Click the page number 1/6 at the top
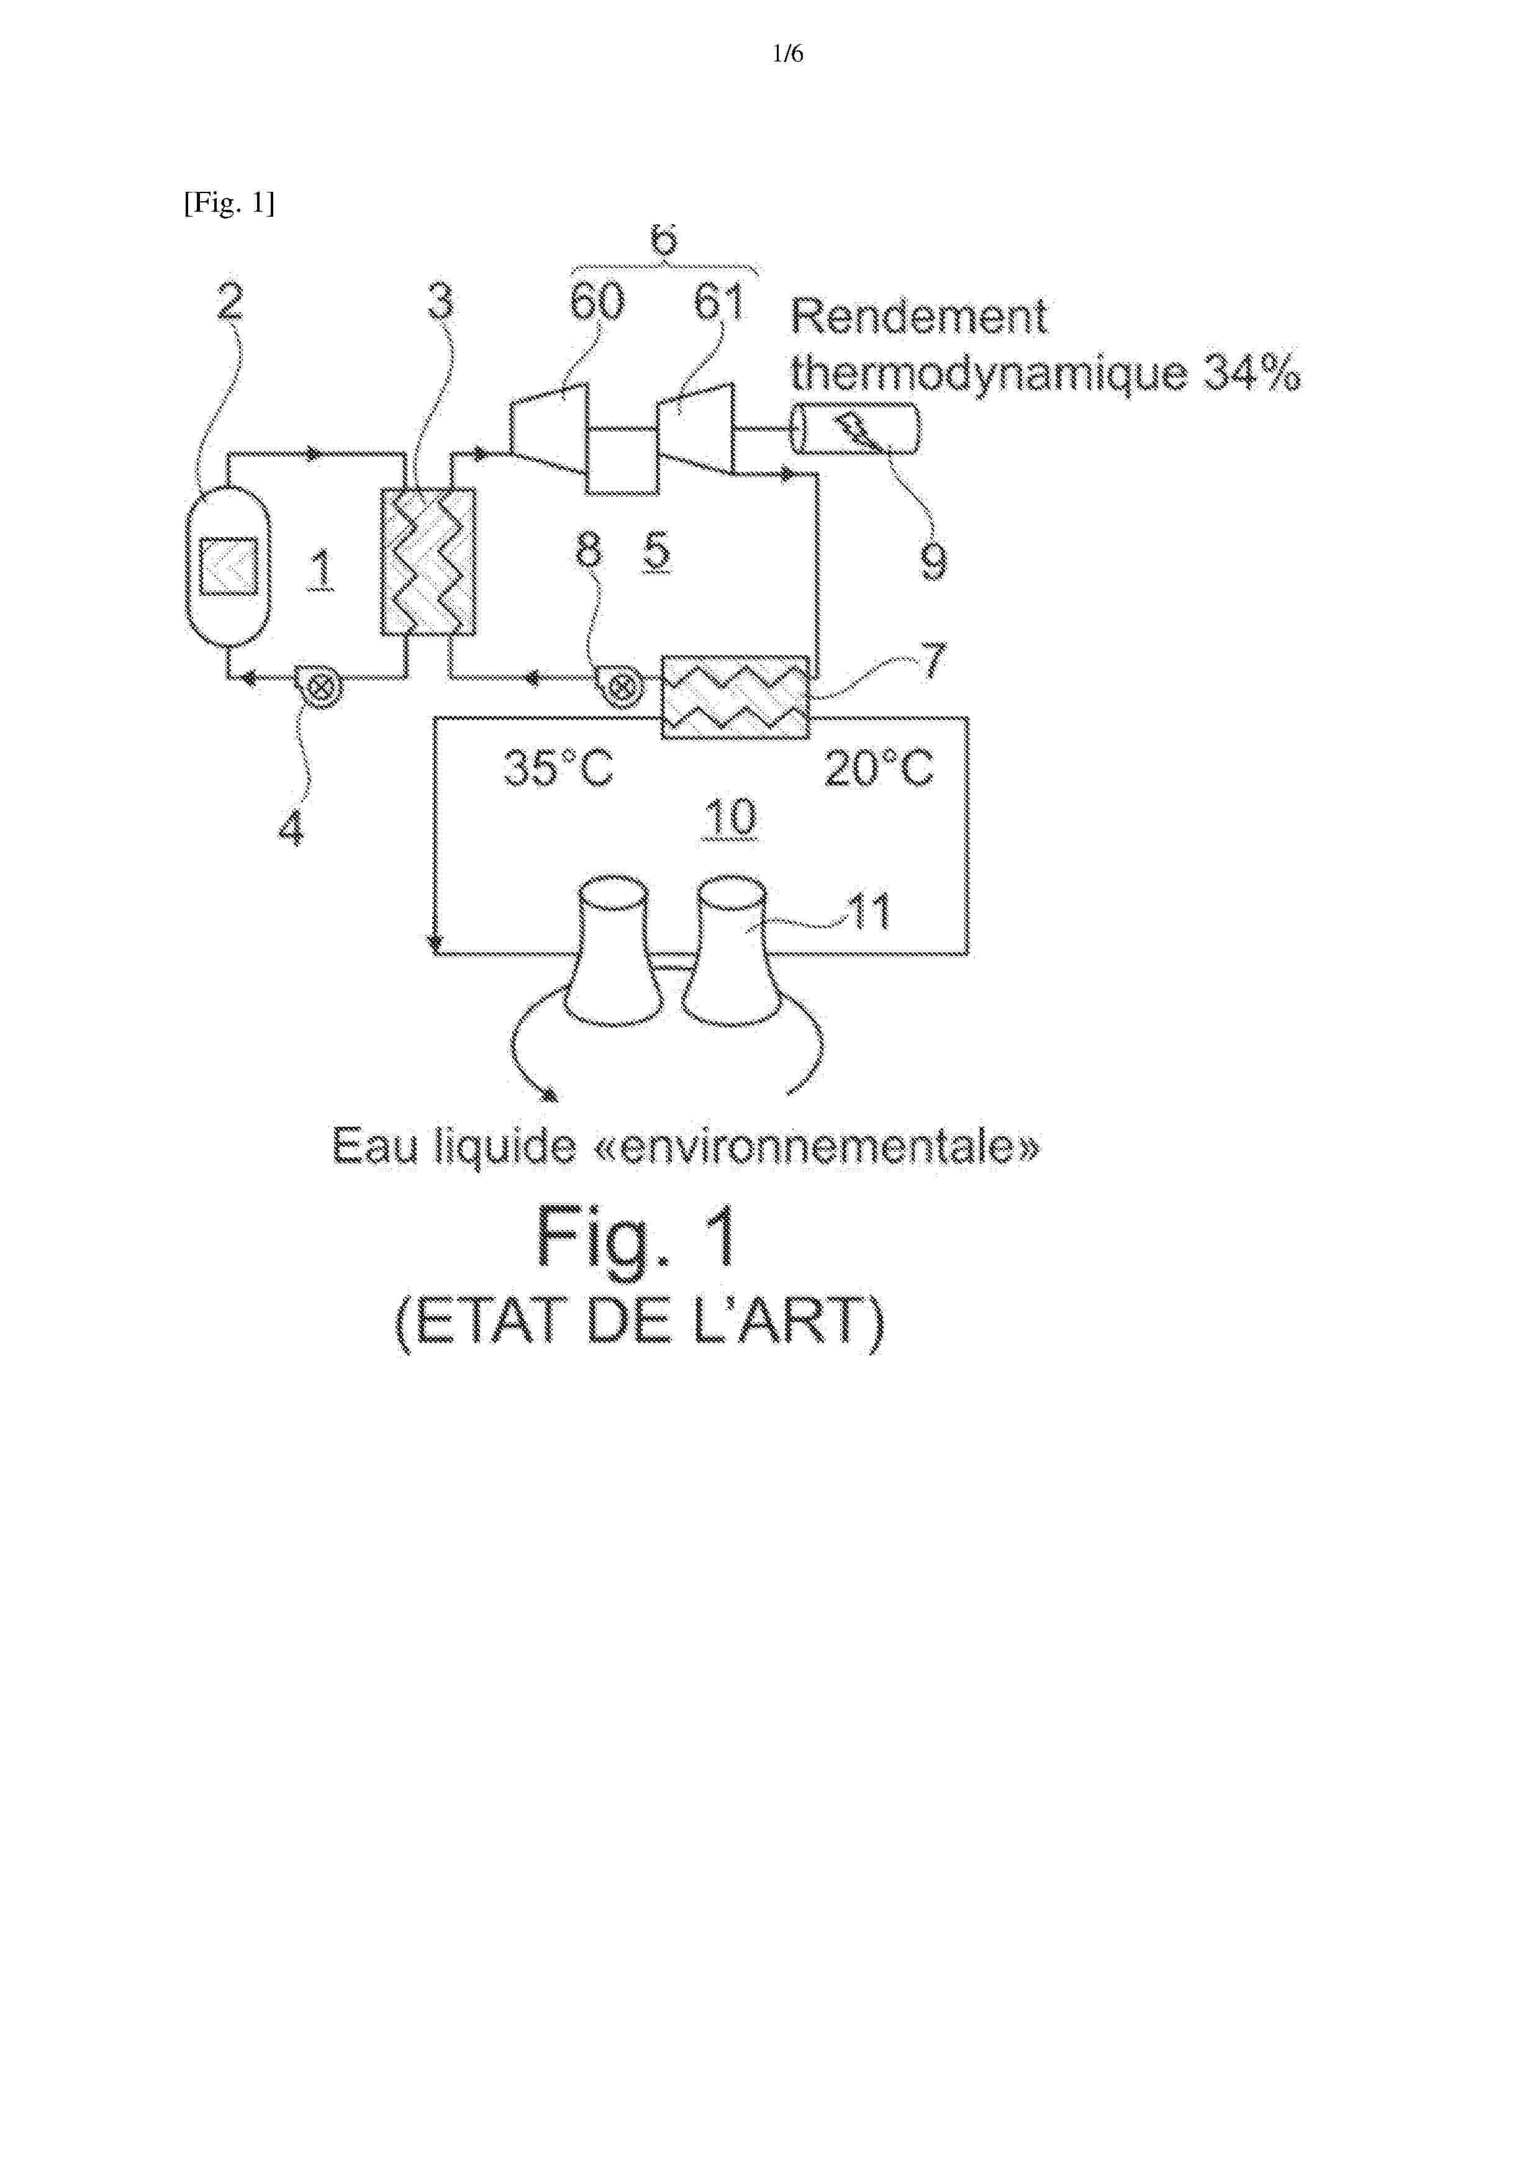787,54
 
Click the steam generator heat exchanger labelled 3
428,562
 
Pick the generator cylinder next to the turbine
855,428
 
